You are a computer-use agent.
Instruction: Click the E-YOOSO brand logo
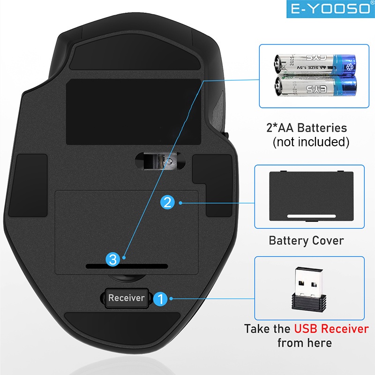click(x=330, y=9)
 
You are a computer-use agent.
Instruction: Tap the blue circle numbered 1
click(x=161, y=298)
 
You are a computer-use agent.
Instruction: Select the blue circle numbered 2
click(x=168, y=202)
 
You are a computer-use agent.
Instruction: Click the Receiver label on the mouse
click(x=126, y=298)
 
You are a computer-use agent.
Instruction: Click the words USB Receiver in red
click(x=331, y=329)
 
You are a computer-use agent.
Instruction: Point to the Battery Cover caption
click(x=306, y=241)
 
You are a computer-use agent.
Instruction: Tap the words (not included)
click(x=311, y=142)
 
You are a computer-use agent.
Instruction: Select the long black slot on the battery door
click(x=127, y=266)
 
